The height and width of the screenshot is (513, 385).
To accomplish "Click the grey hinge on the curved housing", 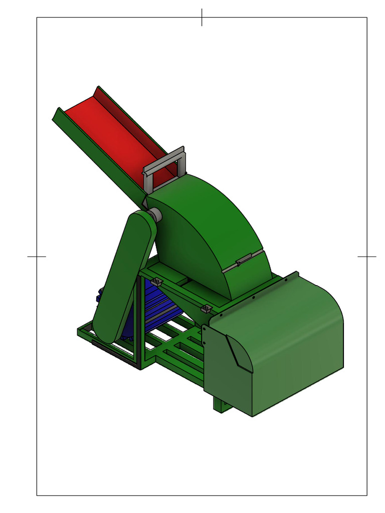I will pos(243,262).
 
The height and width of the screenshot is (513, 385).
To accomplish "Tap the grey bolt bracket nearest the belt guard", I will pos(156,281).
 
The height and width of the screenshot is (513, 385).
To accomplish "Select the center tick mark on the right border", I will pos(366,256).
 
